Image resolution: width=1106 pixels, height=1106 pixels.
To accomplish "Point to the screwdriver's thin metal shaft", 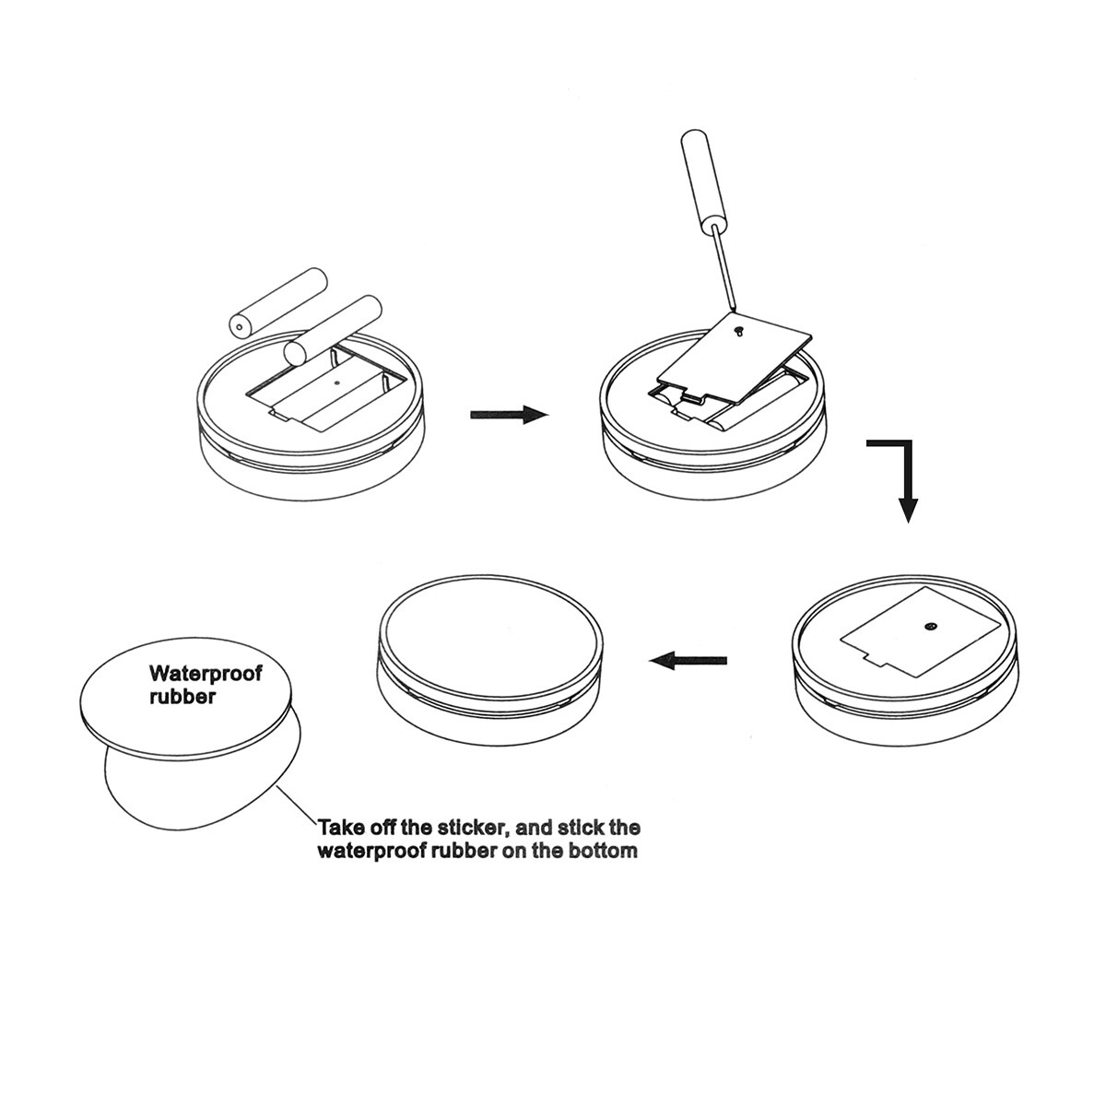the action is tap(724, 268).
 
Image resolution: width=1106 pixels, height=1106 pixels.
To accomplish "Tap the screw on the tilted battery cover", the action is tap(740, 329).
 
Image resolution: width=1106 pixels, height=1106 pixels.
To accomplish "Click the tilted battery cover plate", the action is tap(735, 359).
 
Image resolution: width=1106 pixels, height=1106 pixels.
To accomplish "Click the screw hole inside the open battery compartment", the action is tap(336, 382).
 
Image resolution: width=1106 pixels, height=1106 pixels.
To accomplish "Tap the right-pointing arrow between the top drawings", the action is tap(509, 414).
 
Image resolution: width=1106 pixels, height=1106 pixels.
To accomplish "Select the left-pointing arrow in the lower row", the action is tap(688, 660).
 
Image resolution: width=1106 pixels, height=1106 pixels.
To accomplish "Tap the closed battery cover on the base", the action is tap(921, 632).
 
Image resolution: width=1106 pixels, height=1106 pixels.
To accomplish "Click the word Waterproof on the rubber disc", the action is tap(206, 673).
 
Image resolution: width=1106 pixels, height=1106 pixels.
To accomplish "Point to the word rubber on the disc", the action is tap(182, 697).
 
